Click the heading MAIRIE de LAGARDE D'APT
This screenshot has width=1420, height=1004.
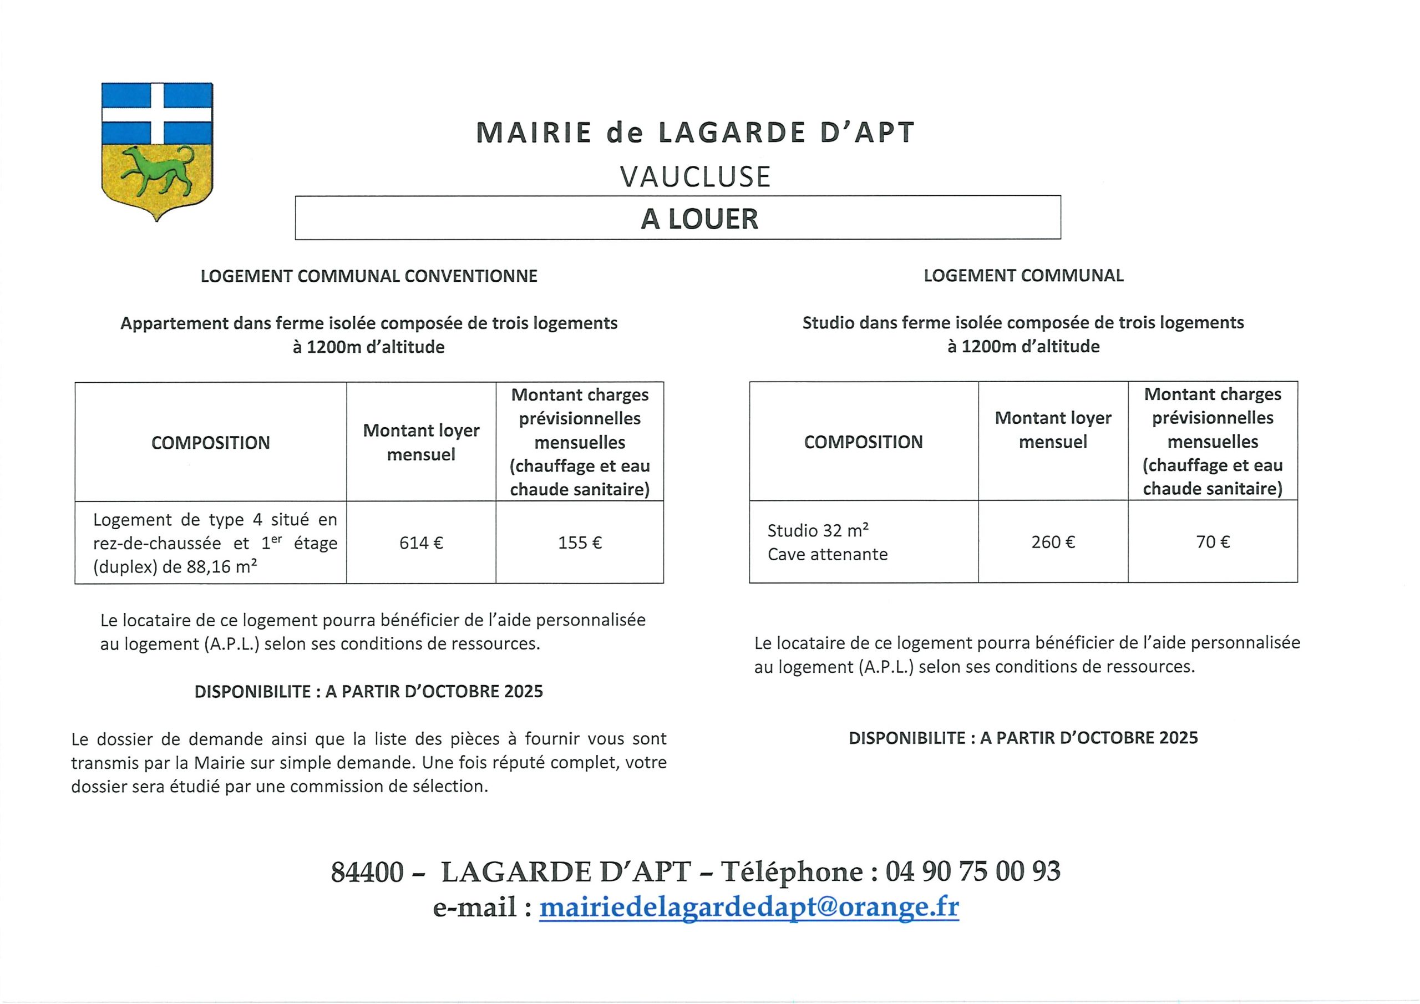pyautogui.click(x=695, y=133)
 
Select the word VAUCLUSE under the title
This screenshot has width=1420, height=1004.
pyautogui.click(x=696, y=177)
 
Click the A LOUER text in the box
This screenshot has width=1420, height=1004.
pyautogui.click(x=699, y=219)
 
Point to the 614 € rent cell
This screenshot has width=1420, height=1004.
pyautogui.click(x=421, y=542)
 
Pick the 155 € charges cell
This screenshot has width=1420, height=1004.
pyautogui.click(x=580, y=542)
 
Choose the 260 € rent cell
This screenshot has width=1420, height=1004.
pyautogui.click(x=1053, y=542)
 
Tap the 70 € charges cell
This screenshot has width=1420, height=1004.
pyautogui.click(x=1212, y=542)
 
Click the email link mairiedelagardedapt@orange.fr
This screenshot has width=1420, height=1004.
pyautogui.click(x=749, y=907)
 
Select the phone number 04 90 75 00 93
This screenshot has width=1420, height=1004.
pyautogui.click(x=973, y=871)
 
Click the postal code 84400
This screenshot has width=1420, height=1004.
pyautogui.click(x=367, y=871)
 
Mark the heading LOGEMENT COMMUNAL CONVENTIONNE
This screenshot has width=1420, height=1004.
pyautogui.click(x=369, y=276)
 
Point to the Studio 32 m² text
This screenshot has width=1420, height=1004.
pyautogui.click(x=818, y=530)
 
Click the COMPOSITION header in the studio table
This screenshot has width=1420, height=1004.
pyautogui.click(x=863, y=442)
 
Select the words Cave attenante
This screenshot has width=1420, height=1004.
pyautogui.click(x=828, y=554)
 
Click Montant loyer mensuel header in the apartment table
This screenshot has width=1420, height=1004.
pyautogui.click(x=421, y=442)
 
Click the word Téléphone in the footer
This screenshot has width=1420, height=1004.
pyautogui.click(x=792, y=871)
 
